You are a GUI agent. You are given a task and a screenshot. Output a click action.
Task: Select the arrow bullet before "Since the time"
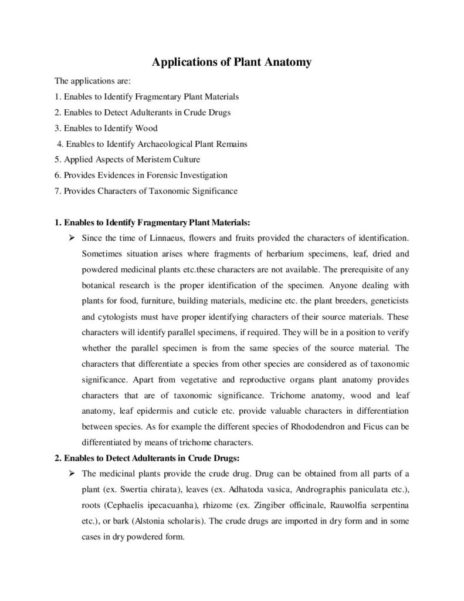click(70, 239)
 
